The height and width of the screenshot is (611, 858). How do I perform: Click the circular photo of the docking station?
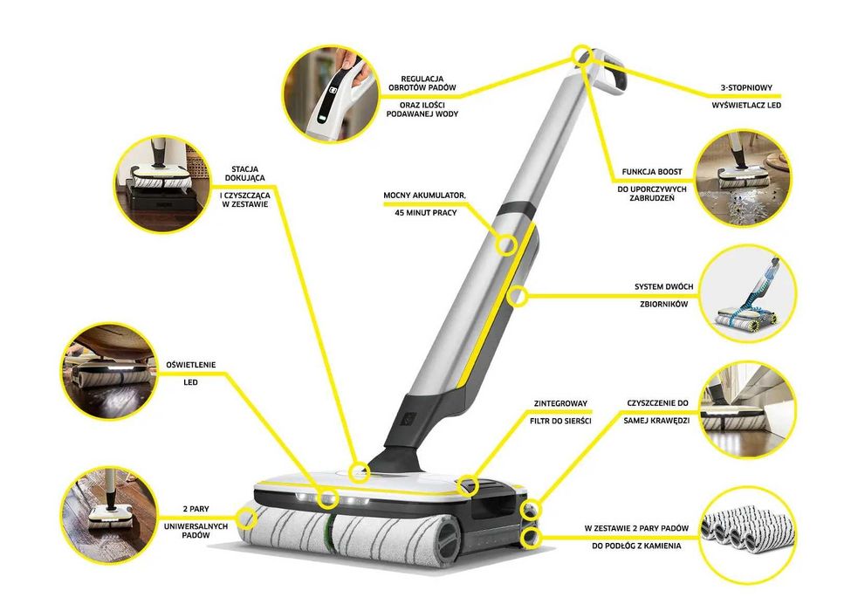pyautogui.click(x=165, y=184)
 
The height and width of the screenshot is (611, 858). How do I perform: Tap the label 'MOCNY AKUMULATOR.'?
pyautogui.click(x=424, y=195)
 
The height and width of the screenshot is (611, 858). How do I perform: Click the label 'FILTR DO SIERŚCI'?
pyautogui.click(x=559, y=421)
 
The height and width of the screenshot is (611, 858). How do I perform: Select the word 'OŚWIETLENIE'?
pyautogui.click(x=189, y=364)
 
